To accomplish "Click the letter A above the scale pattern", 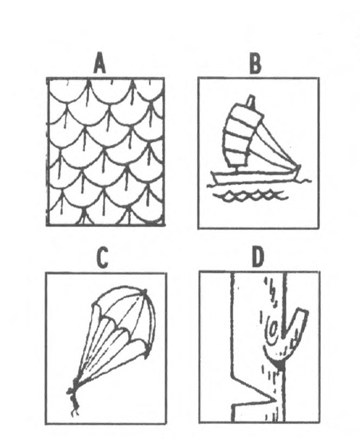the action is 100,63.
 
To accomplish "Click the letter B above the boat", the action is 255,63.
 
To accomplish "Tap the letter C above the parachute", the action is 102,258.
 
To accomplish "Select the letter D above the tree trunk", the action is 257,257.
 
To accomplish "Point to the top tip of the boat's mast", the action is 251,96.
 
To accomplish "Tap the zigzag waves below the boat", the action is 250,195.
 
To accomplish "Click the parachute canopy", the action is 123,322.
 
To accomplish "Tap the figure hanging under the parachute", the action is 74,397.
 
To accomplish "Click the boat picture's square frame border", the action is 198,153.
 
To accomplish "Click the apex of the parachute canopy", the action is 144,292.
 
